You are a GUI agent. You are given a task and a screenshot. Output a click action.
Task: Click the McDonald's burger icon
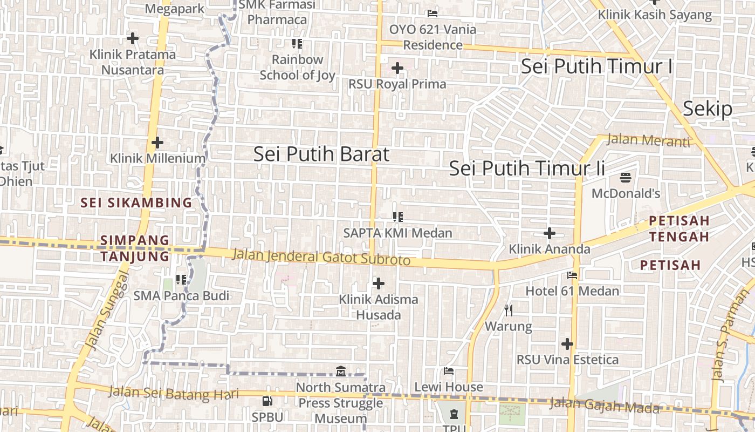point(626,177)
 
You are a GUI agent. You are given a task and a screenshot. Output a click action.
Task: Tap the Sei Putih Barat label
point(321,154)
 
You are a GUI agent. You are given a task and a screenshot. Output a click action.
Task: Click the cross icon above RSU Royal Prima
point(397,68)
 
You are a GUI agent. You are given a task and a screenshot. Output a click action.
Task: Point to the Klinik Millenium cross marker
point(157,143)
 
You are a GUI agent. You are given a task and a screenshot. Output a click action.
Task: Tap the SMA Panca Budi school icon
point(181,280)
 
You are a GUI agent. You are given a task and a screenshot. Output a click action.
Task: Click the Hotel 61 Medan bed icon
point(572,275)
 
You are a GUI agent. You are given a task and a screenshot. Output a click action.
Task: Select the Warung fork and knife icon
point(508,310)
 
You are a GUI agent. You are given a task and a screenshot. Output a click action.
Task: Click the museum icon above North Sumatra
point(341,372)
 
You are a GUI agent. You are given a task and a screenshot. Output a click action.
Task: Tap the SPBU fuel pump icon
point(267,401)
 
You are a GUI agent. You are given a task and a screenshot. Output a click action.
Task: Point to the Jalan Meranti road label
point(648,140)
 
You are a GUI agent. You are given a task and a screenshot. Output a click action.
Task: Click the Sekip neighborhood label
point(708,109)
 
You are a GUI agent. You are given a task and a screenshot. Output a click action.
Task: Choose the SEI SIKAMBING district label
point(136,203)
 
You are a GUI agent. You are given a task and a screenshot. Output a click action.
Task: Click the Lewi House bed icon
point(448,371)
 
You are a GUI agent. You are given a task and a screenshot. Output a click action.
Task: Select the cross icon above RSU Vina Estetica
point(567,343)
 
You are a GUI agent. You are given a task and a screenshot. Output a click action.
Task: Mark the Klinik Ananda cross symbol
point(550,233)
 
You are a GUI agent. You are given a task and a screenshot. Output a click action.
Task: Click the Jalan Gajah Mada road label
point(604,405)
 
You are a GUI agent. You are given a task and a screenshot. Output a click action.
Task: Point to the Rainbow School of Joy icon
point(297,44)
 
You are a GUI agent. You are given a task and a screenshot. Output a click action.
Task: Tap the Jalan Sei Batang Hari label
point(173,393)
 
